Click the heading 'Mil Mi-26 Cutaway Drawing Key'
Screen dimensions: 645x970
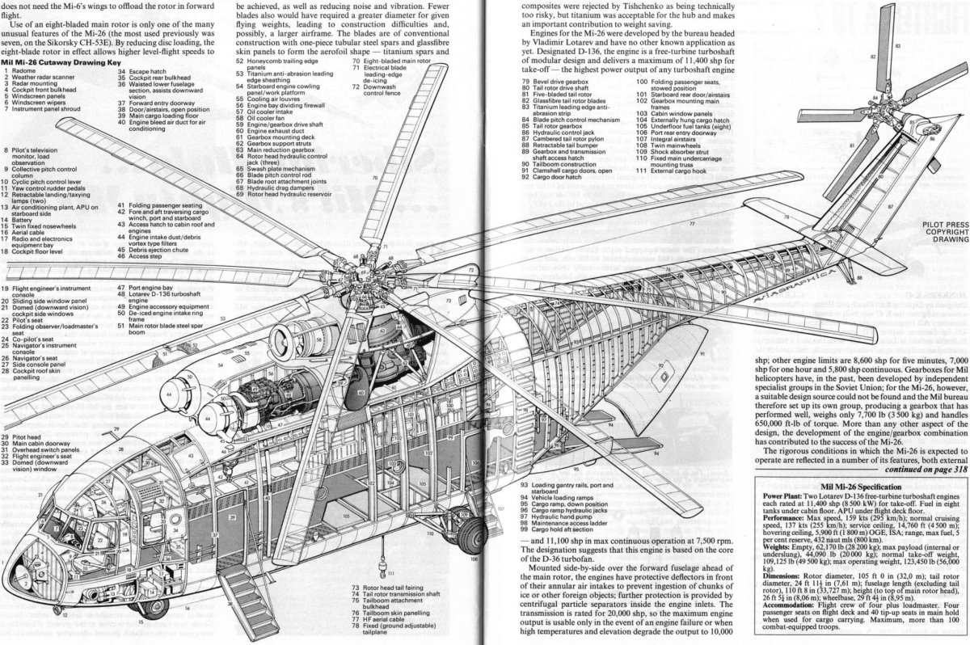point(61,62)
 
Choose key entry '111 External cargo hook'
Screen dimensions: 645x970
point(675,171)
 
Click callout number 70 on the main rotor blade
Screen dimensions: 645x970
point(375,177)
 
